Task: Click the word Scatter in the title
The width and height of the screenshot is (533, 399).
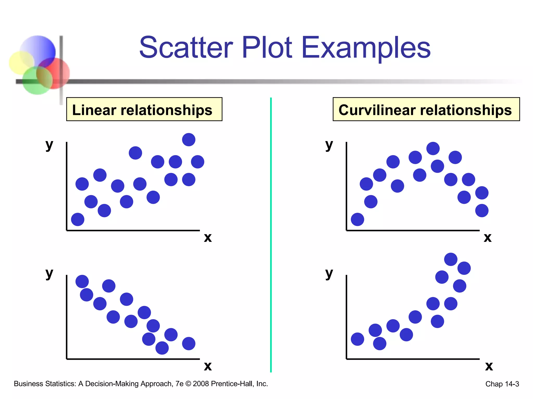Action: (x=186, y=48)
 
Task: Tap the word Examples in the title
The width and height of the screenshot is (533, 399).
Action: (x=366, y=48)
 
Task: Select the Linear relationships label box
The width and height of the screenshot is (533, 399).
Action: (x=144, y=109)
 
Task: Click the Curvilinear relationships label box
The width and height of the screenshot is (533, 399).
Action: (x=426, y=109)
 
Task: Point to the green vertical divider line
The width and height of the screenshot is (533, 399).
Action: (x=271, y=234)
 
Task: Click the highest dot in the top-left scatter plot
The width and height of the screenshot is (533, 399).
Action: (x=189, y=140)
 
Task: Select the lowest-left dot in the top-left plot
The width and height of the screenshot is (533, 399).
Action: (x=78, y=220)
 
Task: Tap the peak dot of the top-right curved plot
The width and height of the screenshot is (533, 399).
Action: (x=433, y=149)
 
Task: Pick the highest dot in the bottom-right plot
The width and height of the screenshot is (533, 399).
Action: (x=451, y=259)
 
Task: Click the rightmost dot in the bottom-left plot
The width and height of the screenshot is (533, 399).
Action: (x=189, y=344)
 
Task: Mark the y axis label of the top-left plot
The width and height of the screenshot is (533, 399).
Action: (x=49, y=145)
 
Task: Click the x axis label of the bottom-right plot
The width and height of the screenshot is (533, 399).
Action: (x=489, y=366)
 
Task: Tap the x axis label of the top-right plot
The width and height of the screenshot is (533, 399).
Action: (x=488, y=237)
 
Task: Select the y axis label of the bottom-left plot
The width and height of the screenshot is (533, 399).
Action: (x=49, y=273)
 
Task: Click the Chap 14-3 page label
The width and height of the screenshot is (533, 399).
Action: (x=502, y=384)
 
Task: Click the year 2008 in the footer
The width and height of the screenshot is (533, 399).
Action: (x=201, y=384)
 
